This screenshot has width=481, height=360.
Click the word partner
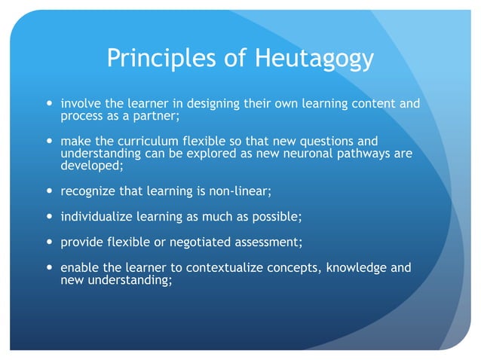(x=156, y=117)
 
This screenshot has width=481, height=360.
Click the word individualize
(x=96, y=217)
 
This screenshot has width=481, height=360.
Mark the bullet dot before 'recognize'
(x=50, y=191)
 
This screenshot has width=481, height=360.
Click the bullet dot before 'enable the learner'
(x=50, y=267)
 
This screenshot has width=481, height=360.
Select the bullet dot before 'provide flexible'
(x=50, y=243)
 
